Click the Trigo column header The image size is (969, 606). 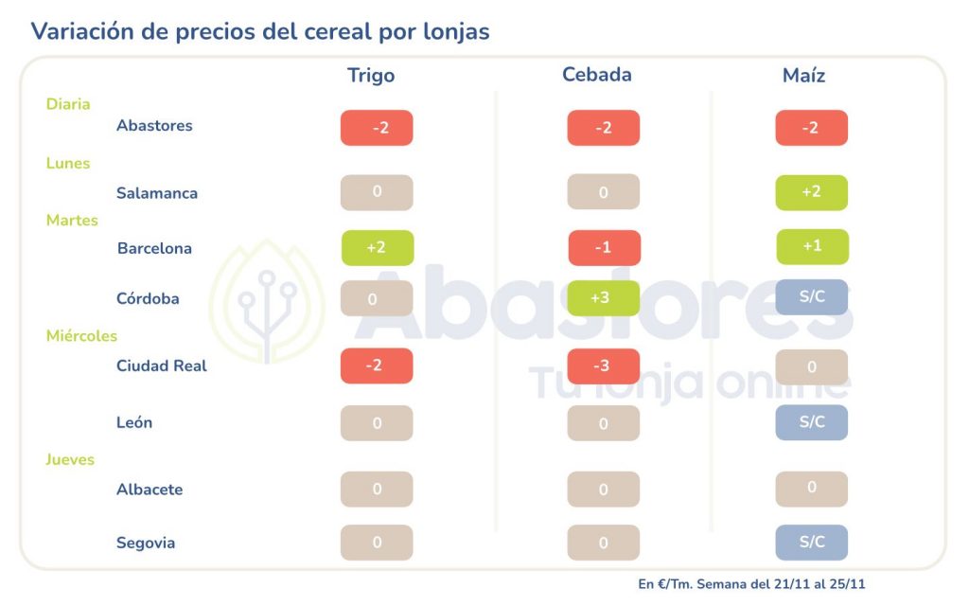(x=371, y=76)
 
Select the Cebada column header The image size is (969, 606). (x=596, y=75)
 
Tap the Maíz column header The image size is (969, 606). (x=803, y=76)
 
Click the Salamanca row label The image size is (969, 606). (x=157, y=193)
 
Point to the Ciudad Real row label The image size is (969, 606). (x=161, y=365)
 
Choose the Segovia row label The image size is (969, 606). (x=146, y=543)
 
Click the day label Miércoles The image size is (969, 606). (x=81, y=336)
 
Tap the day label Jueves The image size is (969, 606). (x=70, y=460)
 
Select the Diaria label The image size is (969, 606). (x=68, y=104)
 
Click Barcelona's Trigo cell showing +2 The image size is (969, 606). (x=377, y=248)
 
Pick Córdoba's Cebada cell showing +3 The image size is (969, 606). (x=604, y=298)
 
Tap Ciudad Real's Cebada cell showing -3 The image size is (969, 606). (x=604, y=365)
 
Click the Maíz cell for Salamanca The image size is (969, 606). (x=811, y=192)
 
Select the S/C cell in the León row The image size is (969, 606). (x=811, y=422)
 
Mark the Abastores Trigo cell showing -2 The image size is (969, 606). (x=377, y=128)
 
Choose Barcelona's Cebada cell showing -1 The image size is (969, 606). (x=604, y=248)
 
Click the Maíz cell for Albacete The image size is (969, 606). (x=811, y=489)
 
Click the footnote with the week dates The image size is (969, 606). (x=751, y=584)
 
